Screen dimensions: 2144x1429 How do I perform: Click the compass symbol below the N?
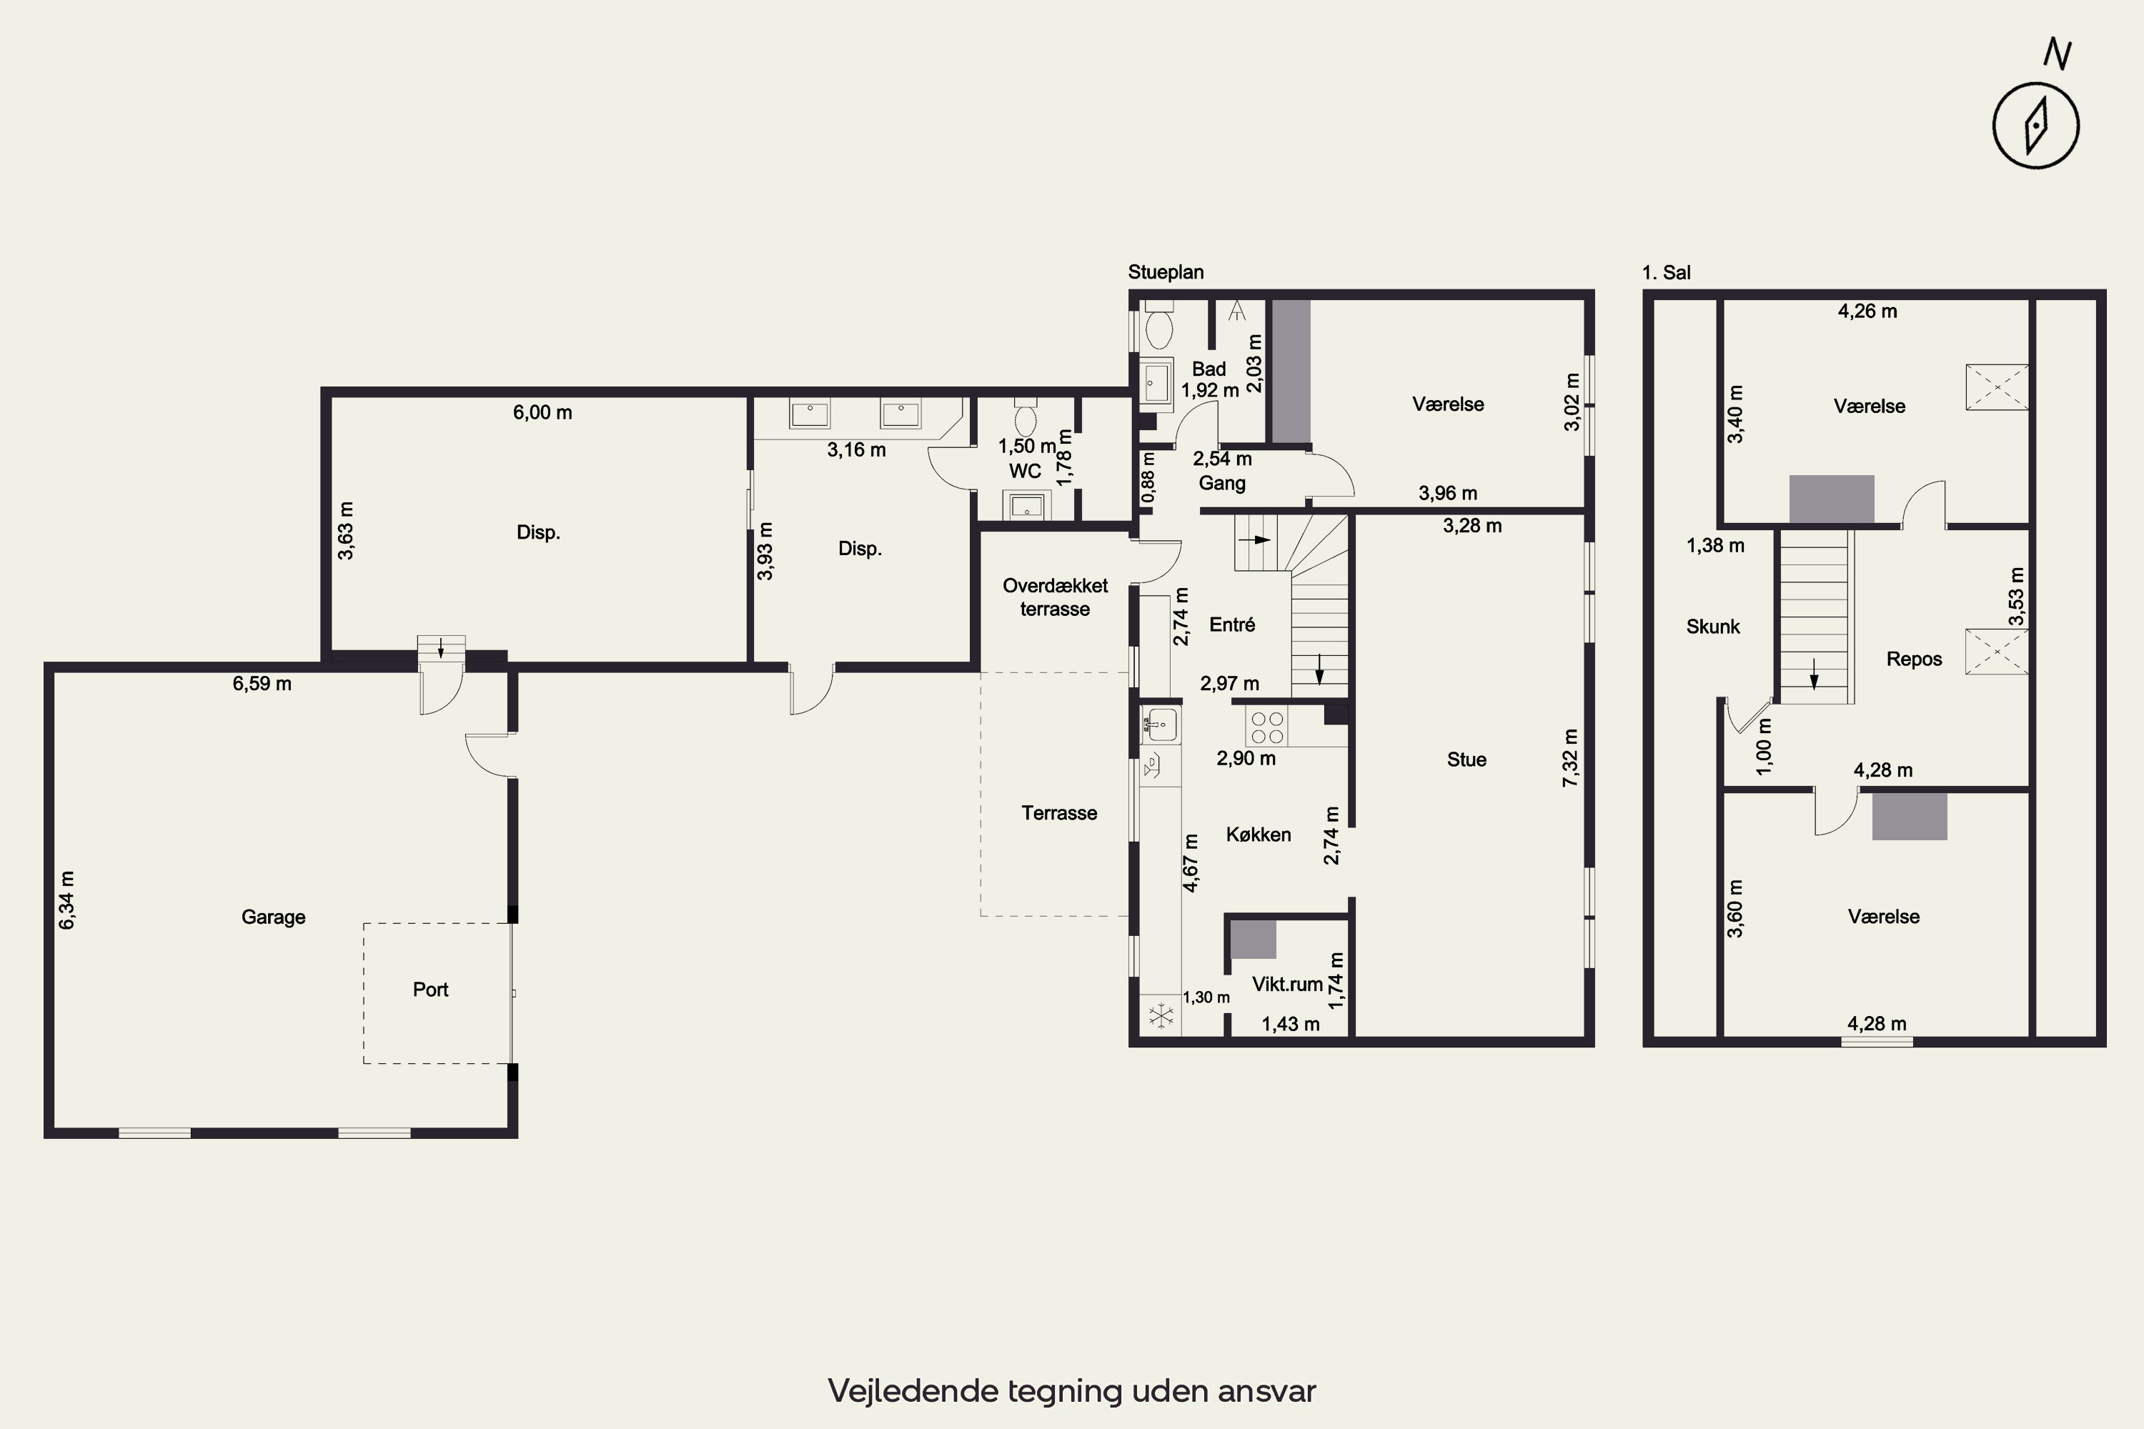click(2035, 126)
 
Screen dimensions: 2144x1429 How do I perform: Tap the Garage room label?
click(274, 917)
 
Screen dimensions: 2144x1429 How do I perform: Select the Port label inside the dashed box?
click(430, 990)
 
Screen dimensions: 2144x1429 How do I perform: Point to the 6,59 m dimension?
click(262, 684)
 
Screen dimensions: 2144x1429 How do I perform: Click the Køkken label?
click(1258, 835)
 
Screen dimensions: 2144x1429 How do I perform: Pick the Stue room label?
click(1466, 760)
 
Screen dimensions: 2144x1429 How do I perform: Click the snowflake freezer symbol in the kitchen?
click(1161, 1016)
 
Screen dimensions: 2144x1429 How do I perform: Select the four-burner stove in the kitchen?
click(1267, 728)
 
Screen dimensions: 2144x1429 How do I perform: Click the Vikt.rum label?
click(1287, 985)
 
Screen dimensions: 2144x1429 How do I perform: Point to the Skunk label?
click(1713, 627)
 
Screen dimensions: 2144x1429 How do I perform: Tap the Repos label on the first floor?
click(1915, 659)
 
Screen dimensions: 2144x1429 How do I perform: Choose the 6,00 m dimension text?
click(542, 413)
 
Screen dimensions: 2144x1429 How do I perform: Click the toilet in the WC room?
click(1026, 417)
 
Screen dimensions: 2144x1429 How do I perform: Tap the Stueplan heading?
click(1166, 272)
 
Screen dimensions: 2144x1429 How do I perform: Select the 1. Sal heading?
click(1667, 272)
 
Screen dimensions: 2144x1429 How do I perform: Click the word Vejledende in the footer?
click(913, 1390)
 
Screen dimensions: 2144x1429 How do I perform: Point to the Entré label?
click(1232, 625)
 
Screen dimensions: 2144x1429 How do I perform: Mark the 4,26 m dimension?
click(1868, 312)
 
